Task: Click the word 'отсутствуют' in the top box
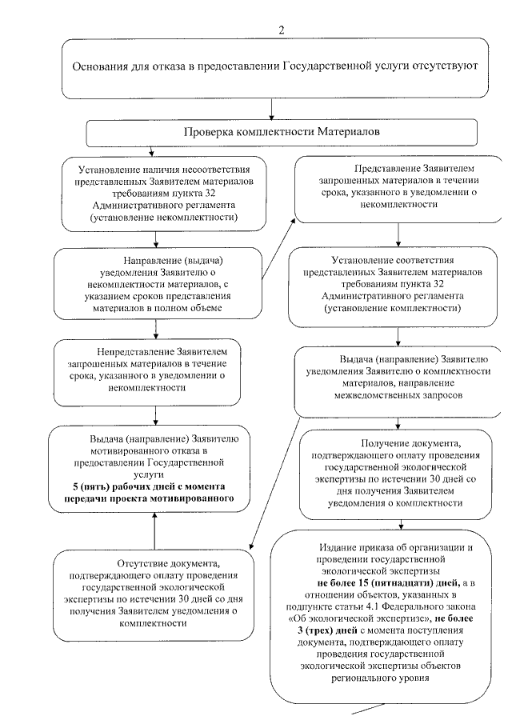(444, 66)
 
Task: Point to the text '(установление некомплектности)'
(166, 217)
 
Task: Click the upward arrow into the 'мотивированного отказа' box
(154, 528)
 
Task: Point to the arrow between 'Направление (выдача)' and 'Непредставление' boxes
(154, 328)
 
